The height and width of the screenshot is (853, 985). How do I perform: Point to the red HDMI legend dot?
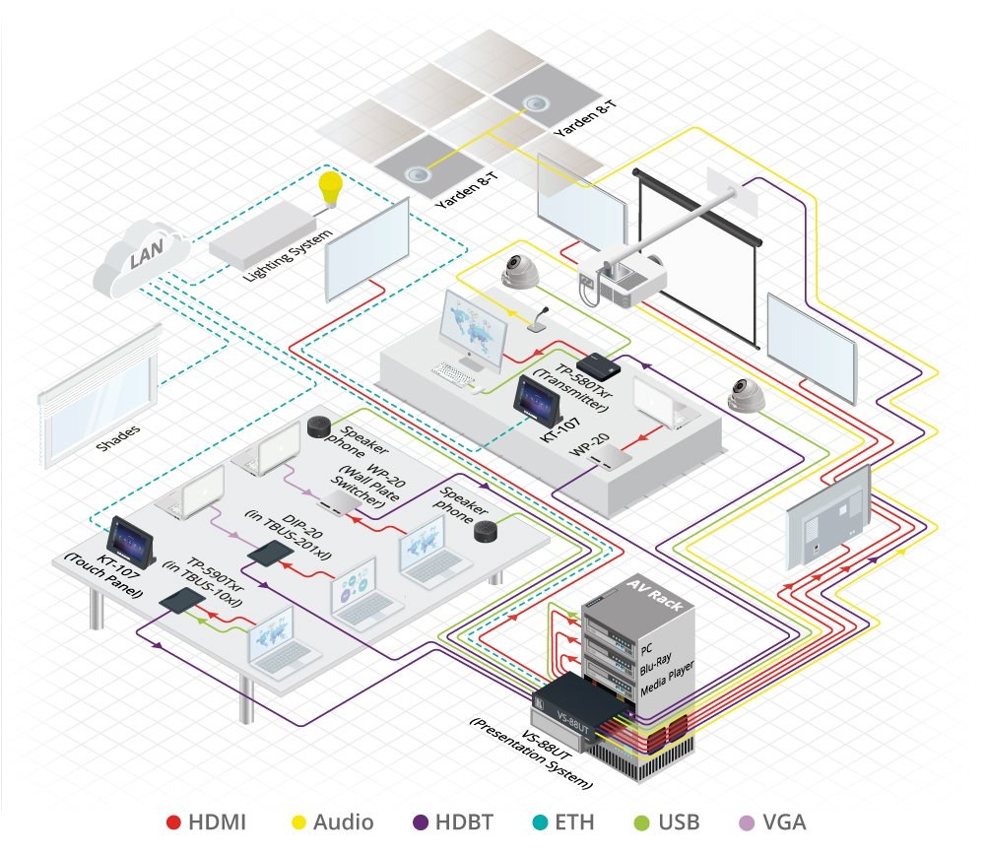pyautogui.click(x=174, y=820)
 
